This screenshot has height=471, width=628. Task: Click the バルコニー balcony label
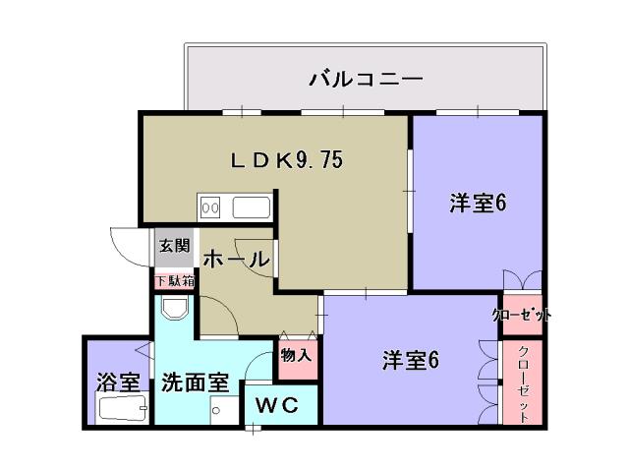366,78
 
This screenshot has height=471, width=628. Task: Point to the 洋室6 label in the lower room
410,361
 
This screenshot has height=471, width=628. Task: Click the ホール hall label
236,260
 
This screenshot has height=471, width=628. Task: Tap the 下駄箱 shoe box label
175,281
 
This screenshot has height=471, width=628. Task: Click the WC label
279,404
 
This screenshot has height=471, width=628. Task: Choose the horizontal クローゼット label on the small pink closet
521,315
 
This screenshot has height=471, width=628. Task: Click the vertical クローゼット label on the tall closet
522,383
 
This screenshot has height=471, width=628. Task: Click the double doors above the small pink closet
521,280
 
